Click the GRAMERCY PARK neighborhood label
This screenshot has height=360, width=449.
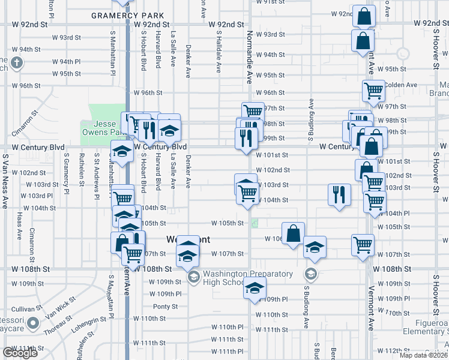pos(119,16)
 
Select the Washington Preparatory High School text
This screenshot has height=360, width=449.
pos(247,278)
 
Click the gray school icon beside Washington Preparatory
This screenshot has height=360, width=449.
pos(194,277)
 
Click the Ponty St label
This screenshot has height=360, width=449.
pos(162,306)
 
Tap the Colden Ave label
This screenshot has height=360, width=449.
pos(401,85)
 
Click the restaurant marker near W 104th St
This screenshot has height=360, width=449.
pos(339,194)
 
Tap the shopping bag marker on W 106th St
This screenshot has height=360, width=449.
pos(293,233)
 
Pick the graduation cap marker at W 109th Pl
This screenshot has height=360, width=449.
pos(255,288)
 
